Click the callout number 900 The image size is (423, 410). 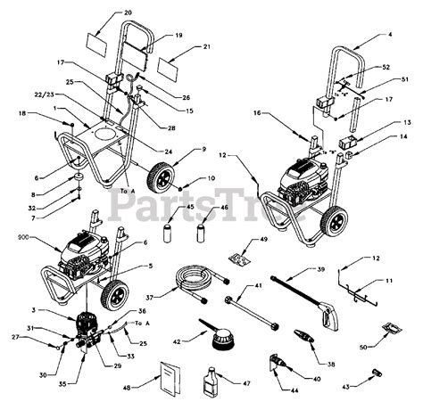21,238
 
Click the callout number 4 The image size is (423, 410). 390,35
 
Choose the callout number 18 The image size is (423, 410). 22,114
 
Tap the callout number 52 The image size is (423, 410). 386,68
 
